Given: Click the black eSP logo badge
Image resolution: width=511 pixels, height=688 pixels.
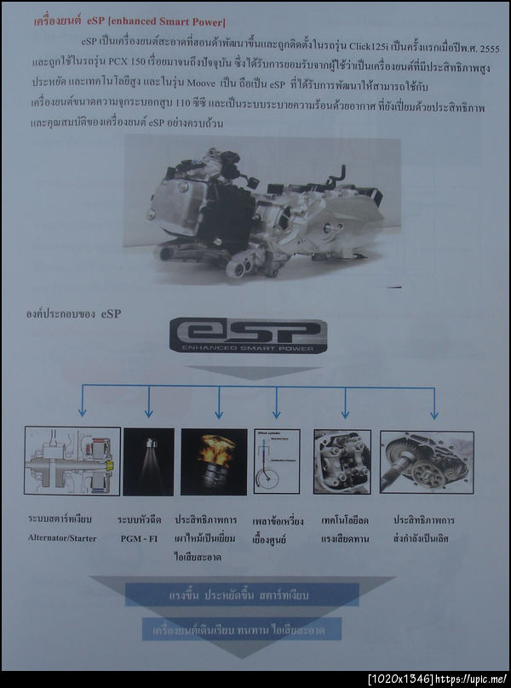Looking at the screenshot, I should (247, 335).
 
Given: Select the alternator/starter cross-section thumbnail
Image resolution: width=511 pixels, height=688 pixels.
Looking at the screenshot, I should (72, 461).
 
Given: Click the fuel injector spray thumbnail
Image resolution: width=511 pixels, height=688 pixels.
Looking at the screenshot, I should (148, 462).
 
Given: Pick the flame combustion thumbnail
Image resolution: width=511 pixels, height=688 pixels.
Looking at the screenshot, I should (214, 462).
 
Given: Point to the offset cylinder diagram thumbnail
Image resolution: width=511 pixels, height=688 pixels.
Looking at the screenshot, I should (277, 462).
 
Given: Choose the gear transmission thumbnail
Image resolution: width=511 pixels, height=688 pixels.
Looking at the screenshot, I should (427, 462).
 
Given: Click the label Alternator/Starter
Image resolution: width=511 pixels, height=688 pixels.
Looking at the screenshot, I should (63, 538).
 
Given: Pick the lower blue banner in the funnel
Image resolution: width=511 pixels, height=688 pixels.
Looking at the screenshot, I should (242, 629).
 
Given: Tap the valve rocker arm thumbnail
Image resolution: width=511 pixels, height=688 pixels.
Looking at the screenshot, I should (342, 462).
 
